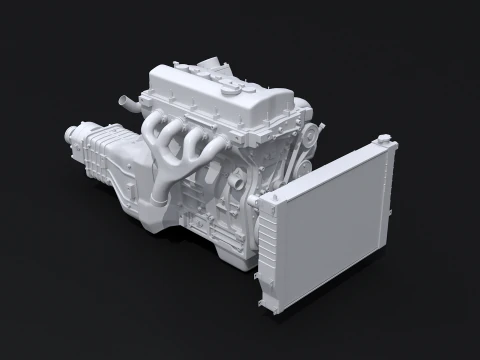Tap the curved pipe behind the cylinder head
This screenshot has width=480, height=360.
tap(125, 102)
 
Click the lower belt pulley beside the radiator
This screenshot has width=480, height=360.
tap(296, 170)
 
